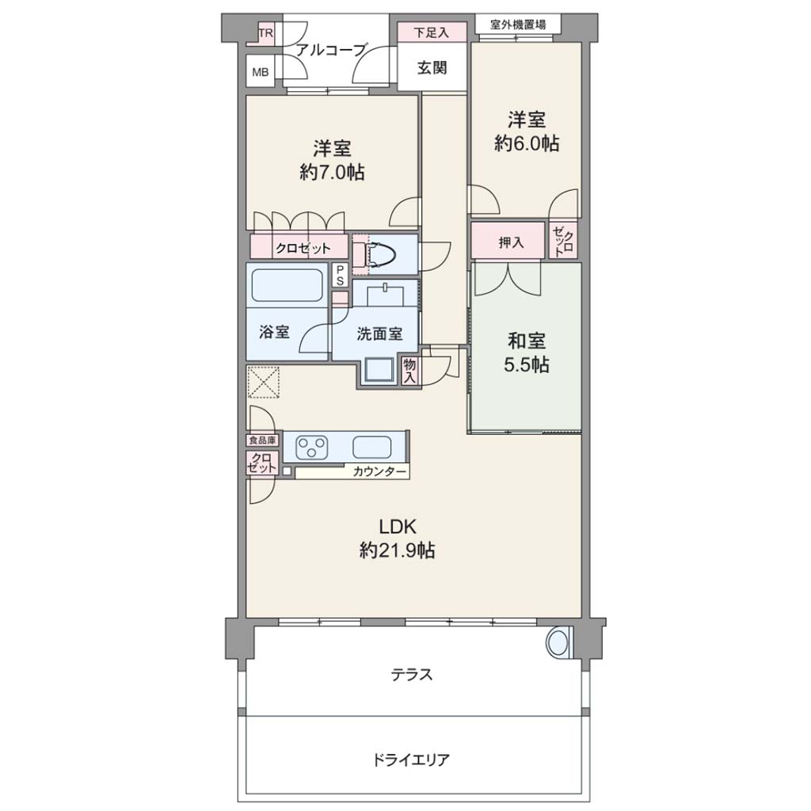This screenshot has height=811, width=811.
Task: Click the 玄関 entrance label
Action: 432,68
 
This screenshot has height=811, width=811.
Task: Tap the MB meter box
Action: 260,72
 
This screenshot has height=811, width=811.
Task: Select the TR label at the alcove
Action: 266,33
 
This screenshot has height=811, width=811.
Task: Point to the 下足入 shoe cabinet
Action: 432,32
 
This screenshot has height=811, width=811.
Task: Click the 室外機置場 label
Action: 518,25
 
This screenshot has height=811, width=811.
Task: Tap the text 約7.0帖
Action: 332,172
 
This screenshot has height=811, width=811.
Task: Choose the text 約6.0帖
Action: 527,143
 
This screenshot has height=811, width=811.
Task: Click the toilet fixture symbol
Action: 381,254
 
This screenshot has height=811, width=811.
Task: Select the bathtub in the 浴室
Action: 287,285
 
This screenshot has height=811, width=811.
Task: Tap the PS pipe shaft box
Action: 340,275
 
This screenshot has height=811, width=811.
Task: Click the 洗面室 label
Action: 379,334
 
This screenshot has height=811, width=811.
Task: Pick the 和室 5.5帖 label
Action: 527,353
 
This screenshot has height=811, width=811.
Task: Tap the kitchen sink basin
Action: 372,447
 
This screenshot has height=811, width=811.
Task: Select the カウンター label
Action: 380,471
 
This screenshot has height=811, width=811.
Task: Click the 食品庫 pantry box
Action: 262,440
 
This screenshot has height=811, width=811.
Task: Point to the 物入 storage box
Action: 409,371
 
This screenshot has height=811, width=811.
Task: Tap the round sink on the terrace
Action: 558,642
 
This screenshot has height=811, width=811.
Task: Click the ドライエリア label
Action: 411,760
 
